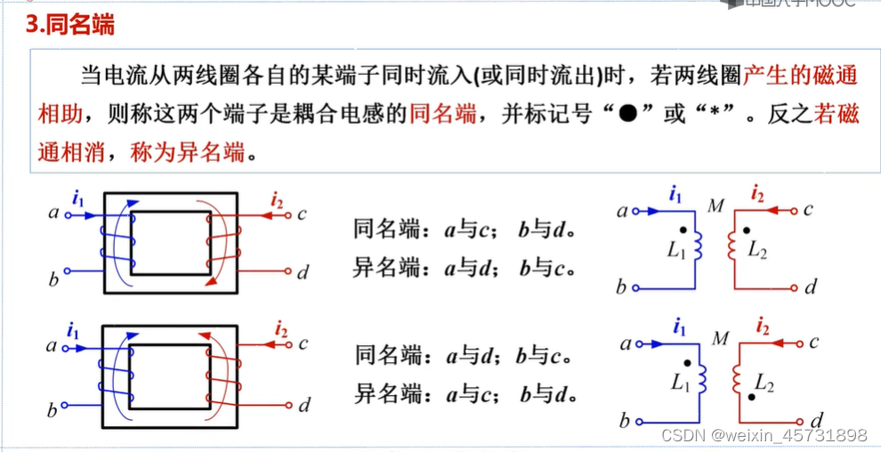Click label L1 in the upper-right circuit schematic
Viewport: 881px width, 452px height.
pyautogui.click(x=676, y=252)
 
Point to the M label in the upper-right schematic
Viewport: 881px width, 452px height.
pyautogui.click(x=715, y=207)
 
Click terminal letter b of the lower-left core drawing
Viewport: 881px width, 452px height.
pyautogui.click(x=52, y=410)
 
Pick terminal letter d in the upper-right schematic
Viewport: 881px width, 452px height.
pyautogui.click(x=810, y=287)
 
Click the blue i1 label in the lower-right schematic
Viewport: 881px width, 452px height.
pyautogui.click(x=679, y=327)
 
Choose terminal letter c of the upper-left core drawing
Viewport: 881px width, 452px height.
pyautogui.click(x=303, y=214)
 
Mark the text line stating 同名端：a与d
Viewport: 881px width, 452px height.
pyautogui.click(x=462, y=358)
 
